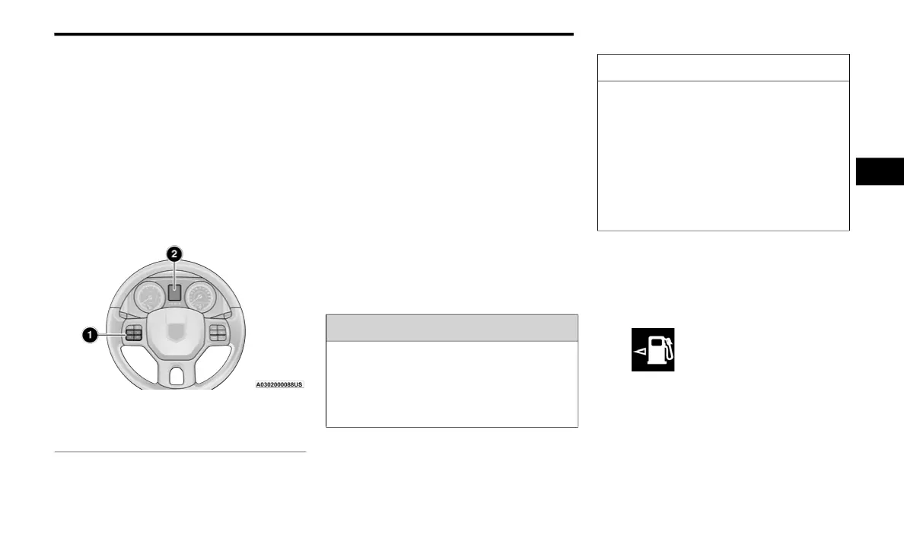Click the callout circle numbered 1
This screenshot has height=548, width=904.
[89, 335]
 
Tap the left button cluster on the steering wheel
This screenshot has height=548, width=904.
[134, 333]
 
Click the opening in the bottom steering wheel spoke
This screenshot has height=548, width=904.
[176, 375]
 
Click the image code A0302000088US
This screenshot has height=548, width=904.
[279, 385]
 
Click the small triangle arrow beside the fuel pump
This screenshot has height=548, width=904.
[639, 351]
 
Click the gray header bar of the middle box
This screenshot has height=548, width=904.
[452, 327]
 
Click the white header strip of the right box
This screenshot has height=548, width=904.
[723, 68]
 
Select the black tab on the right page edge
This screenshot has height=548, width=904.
[880, 171]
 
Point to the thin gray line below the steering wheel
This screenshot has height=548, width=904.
[180, 452]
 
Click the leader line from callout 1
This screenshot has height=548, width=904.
[111, 334]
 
